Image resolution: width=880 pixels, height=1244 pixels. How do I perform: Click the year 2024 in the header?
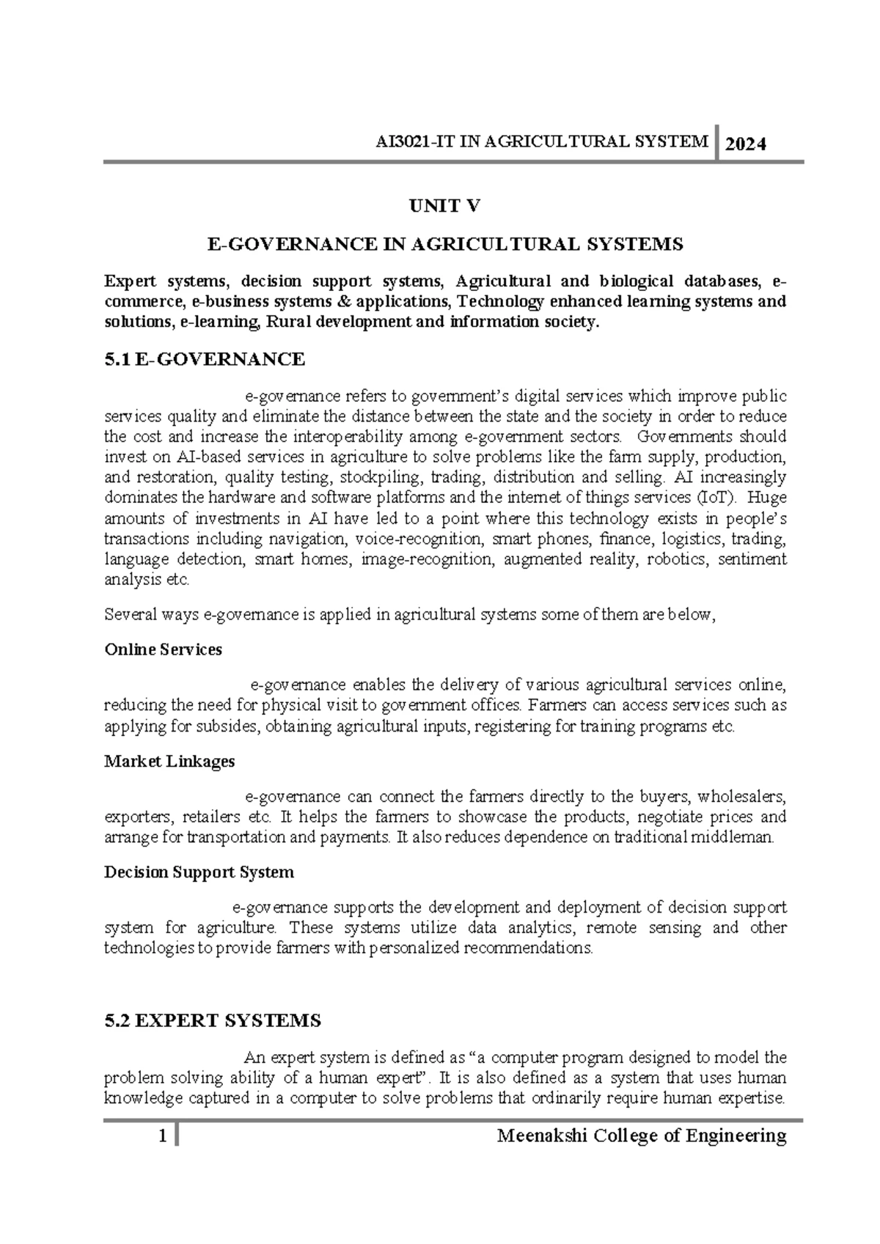(746, 144)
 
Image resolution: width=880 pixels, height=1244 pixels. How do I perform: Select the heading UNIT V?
(444, 207)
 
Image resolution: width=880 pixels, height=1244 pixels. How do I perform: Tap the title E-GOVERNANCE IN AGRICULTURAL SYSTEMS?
(445, 244)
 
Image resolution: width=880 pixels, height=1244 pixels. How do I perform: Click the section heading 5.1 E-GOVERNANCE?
(205, 359)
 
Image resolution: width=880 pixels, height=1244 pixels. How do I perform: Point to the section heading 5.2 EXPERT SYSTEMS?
(213, 1020)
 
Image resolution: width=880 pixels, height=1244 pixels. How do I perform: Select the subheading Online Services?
(163, 649)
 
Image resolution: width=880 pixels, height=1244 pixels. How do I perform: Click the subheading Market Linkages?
(169, 761)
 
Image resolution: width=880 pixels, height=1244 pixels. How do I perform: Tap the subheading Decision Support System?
(199, 872)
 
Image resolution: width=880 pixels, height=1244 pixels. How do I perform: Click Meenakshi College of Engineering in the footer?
(642, 1136)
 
